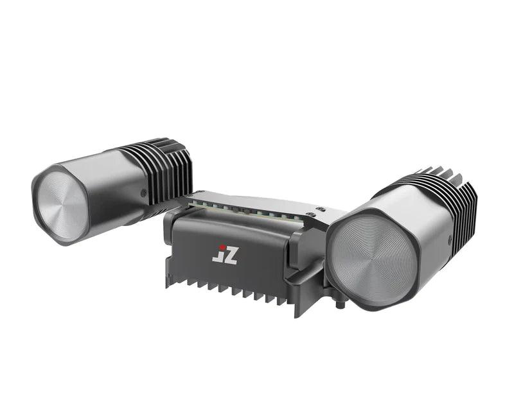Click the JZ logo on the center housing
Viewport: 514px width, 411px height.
pyautogui.click(x=225, y=254)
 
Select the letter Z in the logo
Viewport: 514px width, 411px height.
pyautogui.click(x=229, y=255)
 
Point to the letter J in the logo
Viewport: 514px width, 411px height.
pyautogui.click(x=217, y=257)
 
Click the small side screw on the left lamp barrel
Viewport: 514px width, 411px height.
pyautogui.click(x=143, y=192)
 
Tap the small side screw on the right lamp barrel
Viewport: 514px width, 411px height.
pyautogui.click(x=447, y=240)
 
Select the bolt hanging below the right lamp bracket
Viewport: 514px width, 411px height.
pyautogui.click(x=339, y=302)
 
